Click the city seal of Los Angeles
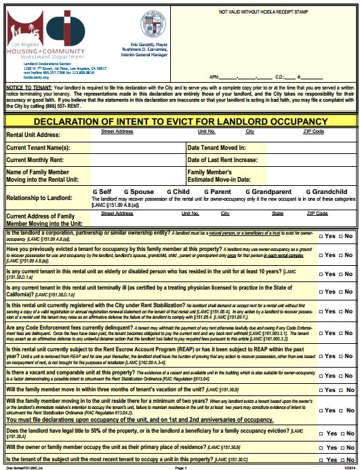152,21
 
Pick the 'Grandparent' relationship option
260,192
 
